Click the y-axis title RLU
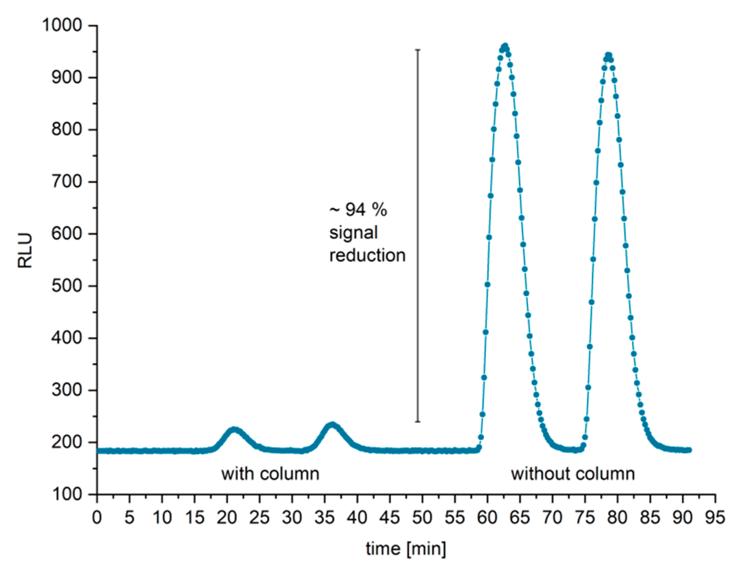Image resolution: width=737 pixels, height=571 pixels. (x=25, y=250)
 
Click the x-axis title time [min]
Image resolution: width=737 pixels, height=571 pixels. (x=406, y=548)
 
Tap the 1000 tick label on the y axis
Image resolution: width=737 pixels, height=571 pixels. (x=67, y=26)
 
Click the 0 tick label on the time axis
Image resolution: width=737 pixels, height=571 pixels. (x=97, y=518)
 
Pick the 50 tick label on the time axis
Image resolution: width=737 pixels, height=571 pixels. (x=422, y=518)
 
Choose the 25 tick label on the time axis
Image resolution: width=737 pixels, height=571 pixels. (x=260, y=518)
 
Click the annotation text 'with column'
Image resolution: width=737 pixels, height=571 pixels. (x=270, y=474)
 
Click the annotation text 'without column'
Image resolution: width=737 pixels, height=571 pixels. (x=573, y=474)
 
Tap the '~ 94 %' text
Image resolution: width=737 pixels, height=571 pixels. (x=358, y=210)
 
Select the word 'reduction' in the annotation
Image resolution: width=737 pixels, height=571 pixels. (x=367, y=255)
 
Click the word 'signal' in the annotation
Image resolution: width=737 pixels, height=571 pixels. (x=353, y=233)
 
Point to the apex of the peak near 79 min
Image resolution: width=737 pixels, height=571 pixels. (x=608, y=55)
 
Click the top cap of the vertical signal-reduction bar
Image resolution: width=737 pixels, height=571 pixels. (x=418, y=50)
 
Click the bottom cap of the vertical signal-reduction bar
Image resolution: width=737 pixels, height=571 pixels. (x=418, y=422)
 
